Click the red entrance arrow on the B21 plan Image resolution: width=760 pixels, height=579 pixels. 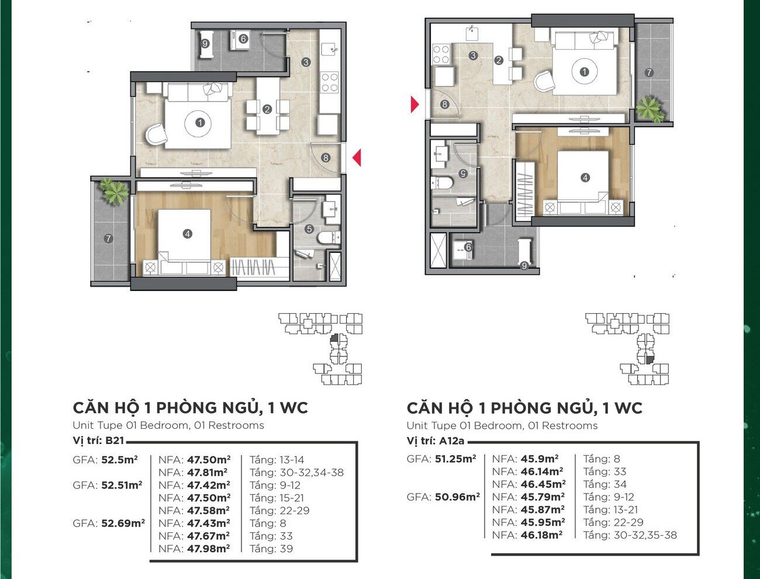(357, 158)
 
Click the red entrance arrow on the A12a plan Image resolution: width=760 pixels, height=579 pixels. (415, 104)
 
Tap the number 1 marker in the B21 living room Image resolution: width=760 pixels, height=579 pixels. (200, 122)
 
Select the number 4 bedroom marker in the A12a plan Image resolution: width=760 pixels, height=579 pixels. (585, 178)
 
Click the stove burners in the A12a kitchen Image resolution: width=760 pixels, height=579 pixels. (441, 54)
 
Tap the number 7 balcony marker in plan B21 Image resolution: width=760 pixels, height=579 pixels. (108, 238)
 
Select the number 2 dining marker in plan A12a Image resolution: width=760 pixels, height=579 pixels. (499, 61)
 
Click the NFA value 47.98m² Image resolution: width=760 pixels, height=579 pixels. (209, 549)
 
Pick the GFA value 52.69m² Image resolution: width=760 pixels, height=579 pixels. (123, 523)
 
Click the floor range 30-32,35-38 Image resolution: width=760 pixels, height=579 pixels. (645, 535)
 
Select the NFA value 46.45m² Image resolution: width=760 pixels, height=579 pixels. (543, 484)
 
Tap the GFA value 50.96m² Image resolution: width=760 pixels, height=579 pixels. (457, 497)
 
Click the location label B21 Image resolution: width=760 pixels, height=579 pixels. (115, 441)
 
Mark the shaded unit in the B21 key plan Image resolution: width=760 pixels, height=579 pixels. (334, 338)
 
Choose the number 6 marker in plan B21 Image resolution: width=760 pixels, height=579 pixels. (243, 39)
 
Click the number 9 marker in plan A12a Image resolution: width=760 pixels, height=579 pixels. (524, 266)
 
